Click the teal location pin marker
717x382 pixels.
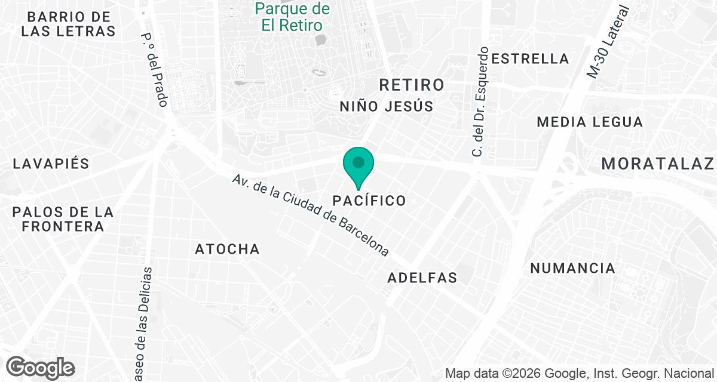coord(358,165)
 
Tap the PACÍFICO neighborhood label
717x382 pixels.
coord(369,201)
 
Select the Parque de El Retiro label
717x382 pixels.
coord(292,17)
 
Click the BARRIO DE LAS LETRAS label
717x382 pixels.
coord(69,24)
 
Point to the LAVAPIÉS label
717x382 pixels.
coord(51,164)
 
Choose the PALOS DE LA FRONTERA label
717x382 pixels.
coord(63,219)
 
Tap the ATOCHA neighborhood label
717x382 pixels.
coord(228,249)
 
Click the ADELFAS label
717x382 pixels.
coord(422,278)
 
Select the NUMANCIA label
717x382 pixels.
coord(572,268)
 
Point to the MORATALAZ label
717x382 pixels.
coord(658,164)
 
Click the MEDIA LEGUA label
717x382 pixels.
coord(590,122)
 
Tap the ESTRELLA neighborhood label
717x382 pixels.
coord(530,58)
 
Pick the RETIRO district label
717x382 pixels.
coord(412,85)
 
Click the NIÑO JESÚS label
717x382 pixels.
coord(386,106)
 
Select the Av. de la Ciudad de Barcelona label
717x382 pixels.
coord(311,215)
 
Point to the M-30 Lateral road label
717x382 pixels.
coord(609,42)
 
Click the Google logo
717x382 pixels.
coord(41,367)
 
